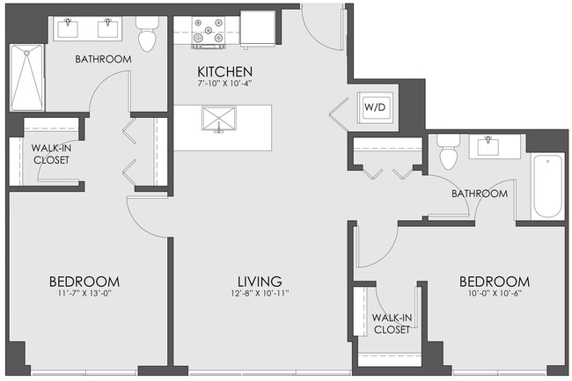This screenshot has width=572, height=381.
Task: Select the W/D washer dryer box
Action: point(373,107)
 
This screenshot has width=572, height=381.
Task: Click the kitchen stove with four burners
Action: point(211,32)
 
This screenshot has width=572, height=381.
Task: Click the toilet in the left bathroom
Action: point(147,36)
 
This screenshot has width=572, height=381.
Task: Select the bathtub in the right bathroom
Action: point(547,186)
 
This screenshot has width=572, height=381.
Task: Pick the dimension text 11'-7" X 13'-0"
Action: point(84,294)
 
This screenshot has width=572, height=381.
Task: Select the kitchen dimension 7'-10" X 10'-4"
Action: point(225,84)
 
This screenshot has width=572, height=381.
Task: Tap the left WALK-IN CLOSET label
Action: point(51,153)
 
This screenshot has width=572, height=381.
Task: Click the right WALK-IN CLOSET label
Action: point(391,323)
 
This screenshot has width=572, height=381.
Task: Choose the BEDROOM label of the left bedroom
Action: point(84,282)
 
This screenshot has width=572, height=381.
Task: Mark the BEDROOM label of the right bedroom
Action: point(494,282)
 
